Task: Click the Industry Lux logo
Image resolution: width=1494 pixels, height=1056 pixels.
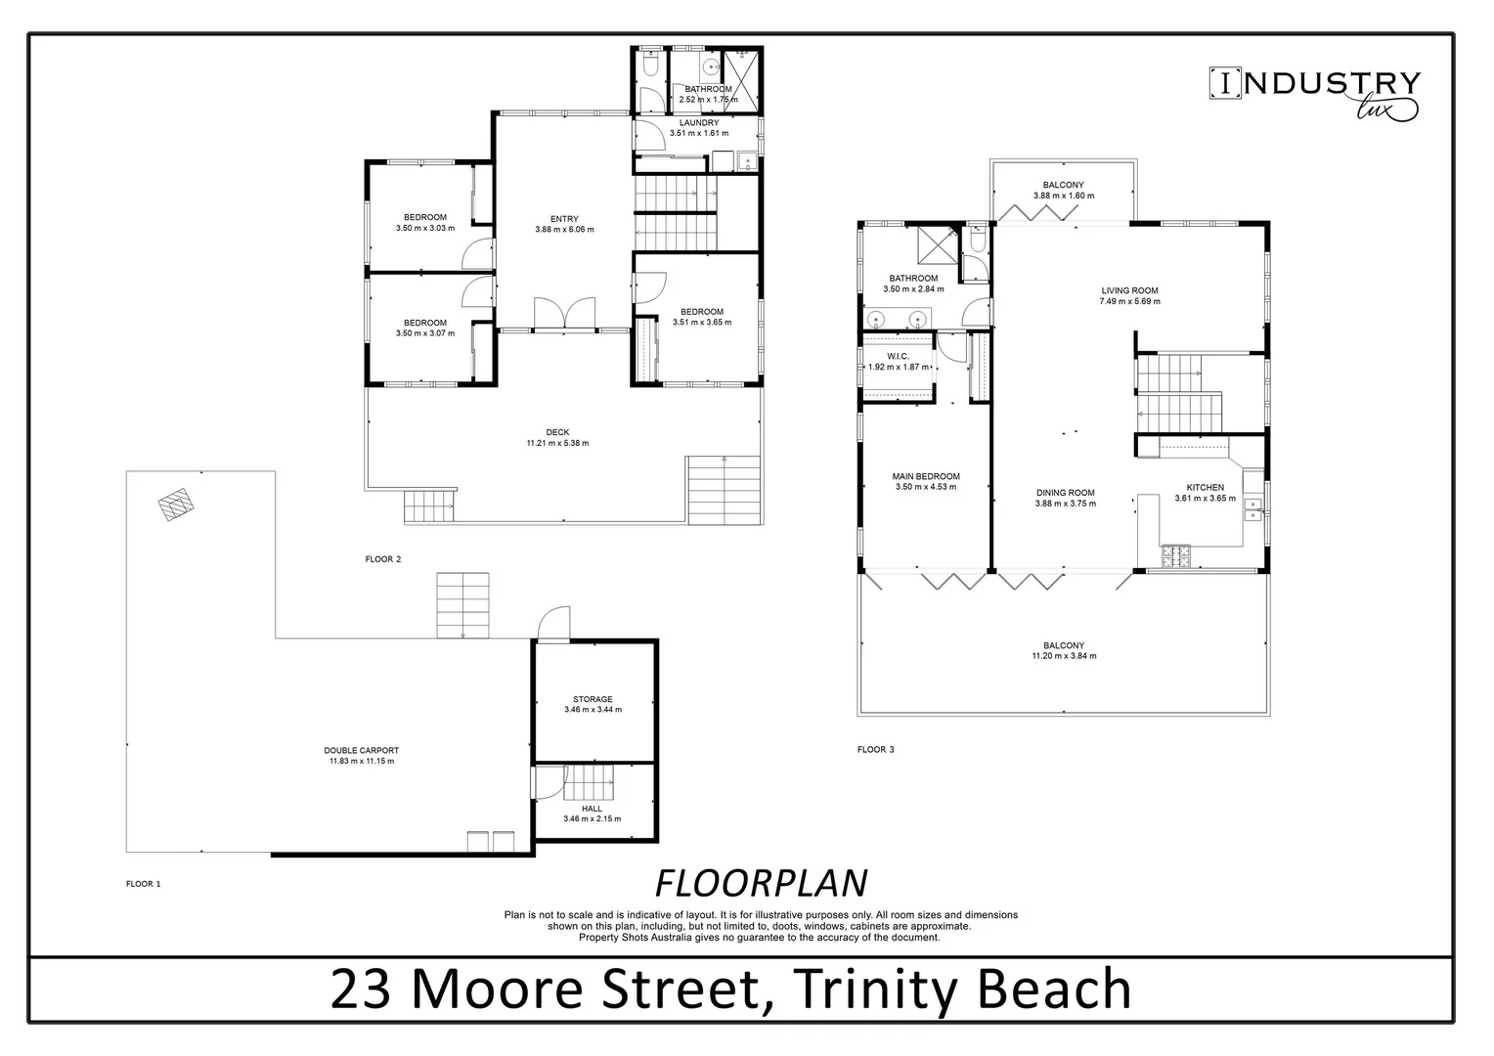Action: pyautogui.click(x=1315, y=94)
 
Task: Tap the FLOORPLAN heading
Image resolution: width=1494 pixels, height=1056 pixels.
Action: pyautogui.click(x=760, y=883)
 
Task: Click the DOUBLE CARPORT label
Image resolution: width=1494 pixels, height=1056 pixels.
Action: pyautogui.click(x=361, y=750)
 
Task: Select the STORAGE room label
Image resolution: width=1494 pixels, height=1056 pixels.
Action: pyautogui.click(x=593, y=699)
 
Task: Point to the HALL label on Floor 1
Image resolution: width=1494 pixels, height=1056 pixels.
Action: pyautogui.click(x=592, y=809)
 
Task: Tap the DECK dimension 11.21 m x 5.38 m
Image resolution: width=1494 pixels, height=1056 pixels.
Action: pyautogui.click(x=557, y=443)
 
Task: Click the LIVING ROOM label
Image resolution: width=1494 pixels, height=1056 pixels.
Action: pyautogui.click(x=1129, y=290)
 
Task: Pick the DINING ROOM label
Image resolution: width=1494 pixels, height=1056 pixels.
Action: pyautogui.click(x=1065, y=493)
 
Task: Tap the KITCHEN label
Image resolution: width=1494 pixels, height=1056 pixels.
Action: pyautogui.click(x=1205, y=487)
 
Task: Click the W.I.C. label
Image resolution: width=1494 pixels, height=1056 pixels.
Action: pyautogui.click(x=898, y=356)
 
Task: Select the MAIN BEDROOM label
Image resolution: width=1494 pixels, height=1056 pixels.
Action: pyautogui.click(x=925, y=476)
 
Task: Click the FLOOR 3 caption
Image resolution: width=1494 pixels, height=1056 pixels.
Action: pyautogui.click(x=875, y=750)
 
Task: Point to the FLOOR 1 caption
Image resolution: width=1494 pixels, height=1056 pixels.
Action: pyautogui.click(x=143, y=884)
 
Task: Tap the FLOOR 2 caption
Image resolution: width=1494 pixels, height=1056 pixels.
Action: pyautogui.click(x=382, y=559)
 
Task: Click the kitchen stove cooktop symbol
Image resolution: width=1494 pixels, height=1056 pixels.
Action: pyautogui.click(x=1176, y=555)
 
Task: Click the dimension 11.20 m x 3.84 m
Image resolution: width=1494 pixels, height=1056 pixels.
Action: pyautogui.click(x=1064, y=656)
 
